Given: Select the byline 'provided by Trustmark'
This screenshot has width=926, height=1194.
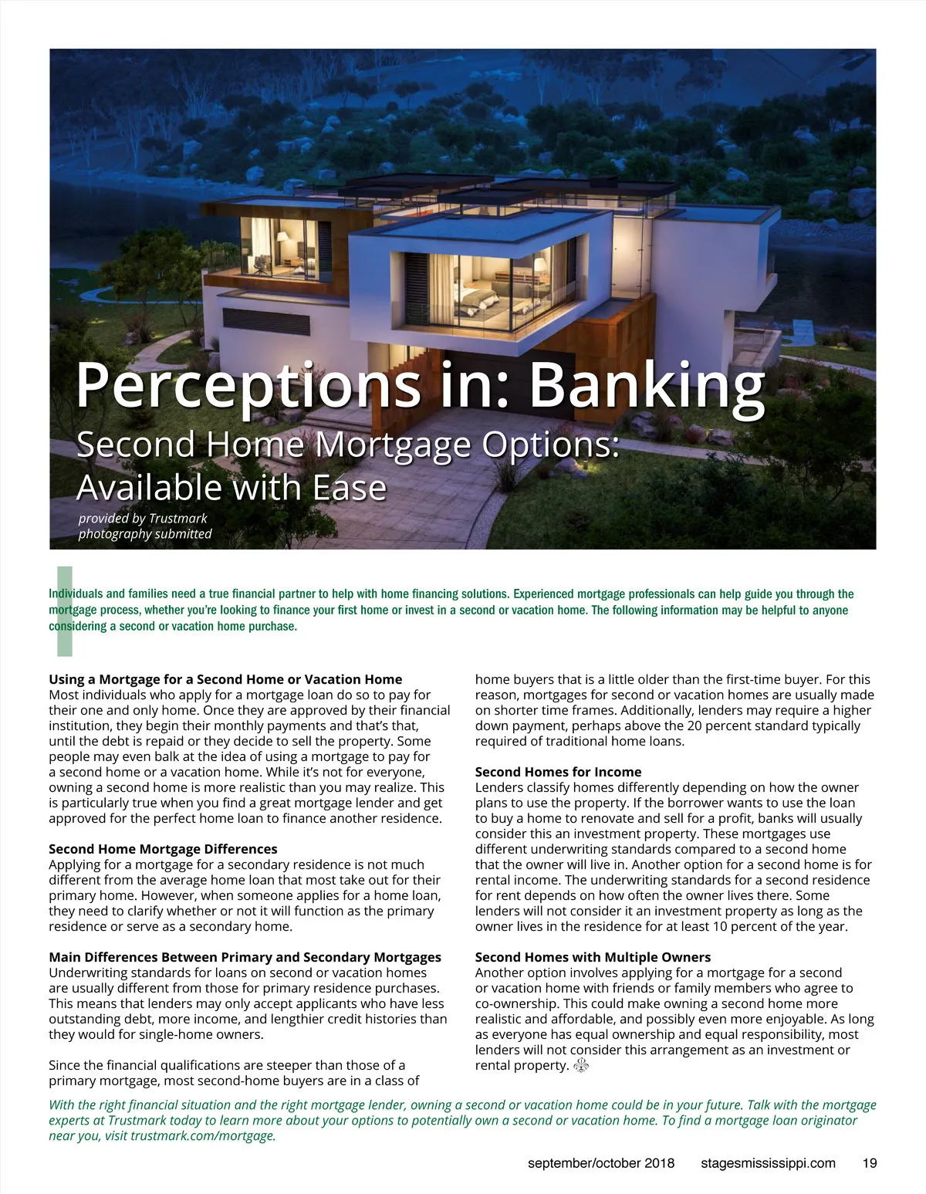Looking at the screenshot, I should click(x=143, y=519).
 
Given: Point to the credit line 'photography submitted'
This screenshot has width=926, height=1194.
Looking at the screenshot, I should click(x=145, y=534).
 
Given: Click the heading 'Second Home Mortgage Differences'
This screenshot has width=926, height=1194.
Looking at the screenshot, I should click(x=163, y=849).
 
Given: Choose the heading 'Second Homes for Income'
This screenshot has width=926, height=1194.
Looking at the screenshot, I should click(x=558, y=772).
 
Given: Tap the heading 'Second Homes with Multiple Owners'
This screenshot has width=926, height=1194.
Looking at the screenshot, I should click(x=593, y=957).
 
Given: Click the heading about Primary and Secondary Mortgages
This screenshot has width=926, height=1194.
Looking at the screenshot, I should click(x=245, y=957).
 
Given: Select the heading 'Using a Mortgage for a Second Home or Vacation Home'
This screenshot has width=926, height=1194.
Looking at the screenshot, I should click(x=225, y=679).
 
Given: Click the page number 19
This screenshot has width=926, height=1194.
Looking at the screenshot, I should click(x=870, y=1163).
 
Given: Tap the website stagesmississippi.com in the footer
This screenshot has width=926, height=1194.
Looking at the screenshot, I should click(x=768, y=1163).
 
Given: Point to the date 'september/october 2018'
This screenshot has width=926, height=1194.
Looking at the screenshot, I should click(x=601, y=1163).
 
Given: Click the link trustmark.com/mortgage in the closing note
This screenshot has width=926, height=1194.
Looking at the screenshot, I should click(x=202, y=1136).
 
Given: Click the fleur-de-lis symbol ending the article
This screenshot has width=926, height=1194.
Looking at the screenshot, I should click(x=582, y=1066).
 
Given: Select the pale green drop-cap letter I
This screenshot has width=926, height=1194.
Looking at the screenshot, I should click(x=65, y=611).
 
